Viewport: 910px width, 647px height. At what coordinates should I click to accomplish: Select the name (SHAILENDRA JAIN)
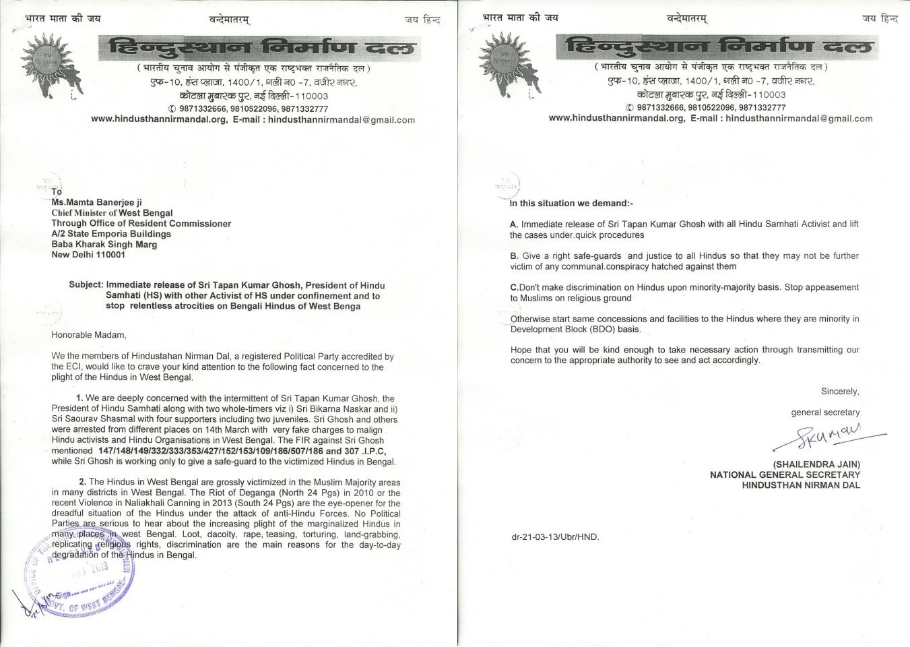(816, 464)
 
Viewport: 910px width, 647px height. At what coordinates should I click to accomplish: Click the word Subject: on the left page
(86, 285)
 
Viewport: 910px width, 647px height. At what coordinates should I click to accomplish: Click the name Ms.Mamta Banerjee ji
(97, 202)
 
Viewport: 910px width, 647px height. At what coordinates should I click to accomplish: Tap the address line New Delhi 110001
(88, 255)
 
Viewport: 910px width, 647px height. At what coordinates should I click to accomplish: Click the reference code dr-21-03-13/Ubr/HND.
(555, 537)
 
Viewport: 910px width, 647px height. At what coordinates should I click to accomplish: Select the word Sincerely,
(840, 392)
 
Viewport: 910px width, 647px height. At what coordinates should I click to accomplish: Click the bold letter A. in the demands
(514, 224)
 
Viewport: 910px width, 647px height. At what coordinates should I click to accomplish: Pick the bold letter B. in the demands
(514, 256)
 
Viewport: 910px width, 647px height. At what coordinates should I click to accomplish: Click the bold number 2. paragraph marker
(82, 482)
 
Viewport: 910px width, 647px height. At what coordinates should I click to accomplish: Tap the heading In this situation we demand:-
(571, 204)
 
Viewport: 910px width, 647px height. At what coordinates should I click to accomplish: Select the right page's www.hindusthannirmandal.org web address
(616, 118)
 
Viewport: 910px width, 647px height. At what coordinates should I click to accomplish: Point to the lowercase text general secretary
(825, 412)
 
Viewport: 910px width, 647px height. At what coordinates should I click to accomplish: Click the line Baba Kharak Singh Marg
(104, 245)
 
